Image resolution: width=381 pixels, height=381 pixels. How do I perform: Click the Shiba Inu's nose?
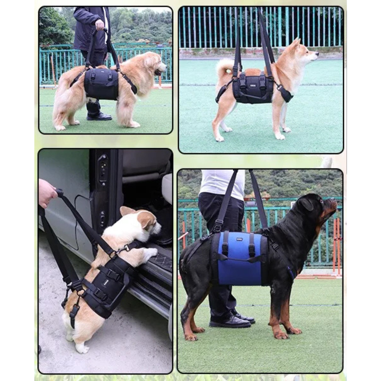pos(317,54)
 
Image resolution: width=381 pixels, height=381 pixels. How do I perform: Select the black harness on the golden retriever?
pos(102,83)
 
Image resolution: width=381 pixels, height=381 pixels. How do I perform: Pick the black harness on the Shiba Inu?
pos(253,88)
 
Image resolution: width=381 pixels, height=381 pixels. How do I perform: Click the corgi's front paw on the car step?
pos(151,252)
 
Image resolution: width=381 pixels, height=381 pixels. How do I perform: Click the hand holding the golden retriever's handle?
pos(100,25)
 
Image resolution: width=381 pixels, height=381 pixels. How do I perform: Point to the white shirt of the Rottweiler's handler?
pos(222,183)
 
